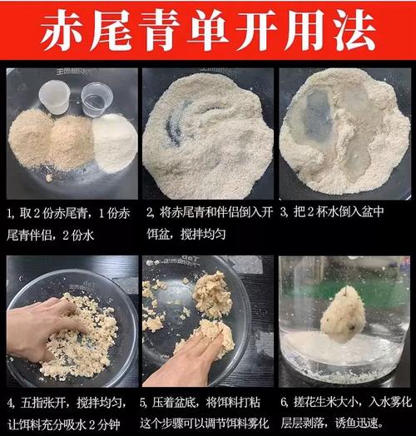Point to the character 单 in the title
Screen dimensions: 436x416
pyautogui.click(x=209, y=32)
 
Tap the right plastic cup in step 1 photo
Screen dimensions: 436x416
pyautogui.click(x=97, y=103)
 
